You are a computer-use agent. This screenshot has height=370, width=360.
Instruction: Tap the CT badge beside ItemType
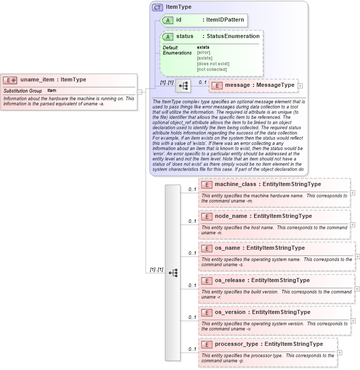tap(158, 7)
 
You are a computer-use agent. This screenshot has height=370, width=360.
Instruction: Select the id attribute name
tap(178, 20)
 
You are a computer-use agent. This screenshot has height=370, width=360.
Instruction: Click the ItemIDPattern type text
tap(224, 20)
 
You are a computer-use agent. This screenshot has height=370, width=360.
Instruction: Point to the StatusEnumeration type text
tap(232, 36)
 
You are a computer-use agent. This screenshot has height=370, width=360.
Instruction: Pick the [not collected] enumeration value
tap(211, 69)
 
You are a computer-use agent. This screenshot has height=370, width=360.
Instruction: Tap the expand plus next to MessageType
tap(300, 85)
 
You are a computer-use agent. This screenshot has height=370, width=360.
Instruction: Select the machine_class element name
tap(236, 184)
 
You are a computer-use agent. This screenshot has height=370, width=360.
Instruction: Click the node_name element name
tap(231, 216)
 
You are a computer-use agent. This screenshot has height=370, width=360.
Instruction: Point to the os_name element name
tap(227, 248)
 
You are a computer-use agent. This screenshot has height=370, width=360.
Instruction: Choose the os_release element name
tap(229, 280)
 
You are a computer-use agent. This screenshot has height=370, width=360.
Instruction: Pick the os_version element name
tap(230, 312)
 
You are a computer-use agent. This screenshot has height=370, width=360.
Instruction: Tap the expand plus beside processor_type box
tap(339, 353)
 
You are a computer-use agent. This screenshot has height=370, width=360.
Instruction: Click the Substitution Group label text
tap(23, 90)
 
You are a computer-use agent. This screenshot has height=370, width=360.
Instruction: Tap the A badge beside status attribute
tap(168, 36)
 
